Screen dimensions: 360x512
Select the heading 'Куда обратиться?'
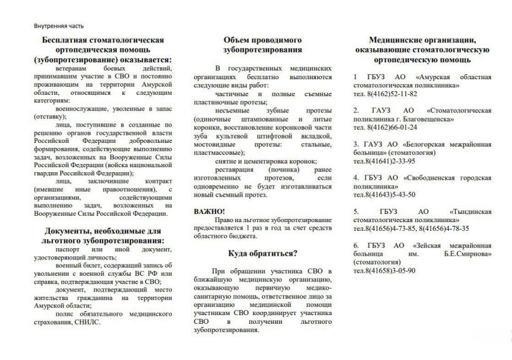click(262, 253)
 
